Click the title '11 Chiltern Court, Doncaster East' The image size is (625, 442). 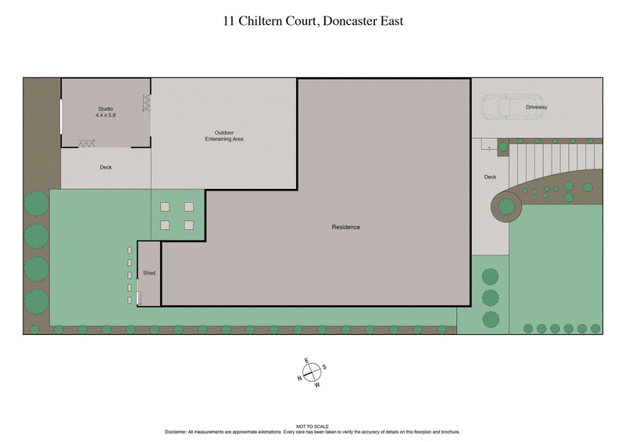pos(312,21)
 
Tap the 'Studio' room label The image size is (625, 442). pos(105,108)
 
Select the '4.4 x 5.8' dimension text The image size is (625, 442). pos(105,115)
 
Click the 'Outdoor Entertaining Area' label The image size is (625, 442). pos(224,135)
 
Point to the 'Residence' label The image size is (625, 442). pos(345,227)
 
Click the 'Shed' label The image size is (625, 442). pos(148,273)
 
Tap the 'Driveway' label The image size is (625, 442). pos(536,106)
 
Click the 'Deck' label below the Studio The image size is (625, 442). pos(105,167)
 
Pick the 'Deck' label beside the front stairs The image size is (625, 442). pos(490,177)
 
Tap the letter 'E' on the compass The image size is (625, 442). pos(307,361)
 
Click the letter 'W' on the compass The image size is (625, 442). pos(317,385)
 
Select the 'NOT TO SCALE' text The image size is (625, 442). pos(312,426)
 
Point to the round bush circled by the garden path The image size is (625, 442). pos(506,207)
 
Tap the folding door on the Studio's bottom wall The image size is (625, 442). pos(86,144)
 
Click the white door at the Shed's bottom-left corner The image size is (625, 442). pos(138,298)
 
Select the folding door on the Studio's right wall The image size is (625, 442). pos(147,102)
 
